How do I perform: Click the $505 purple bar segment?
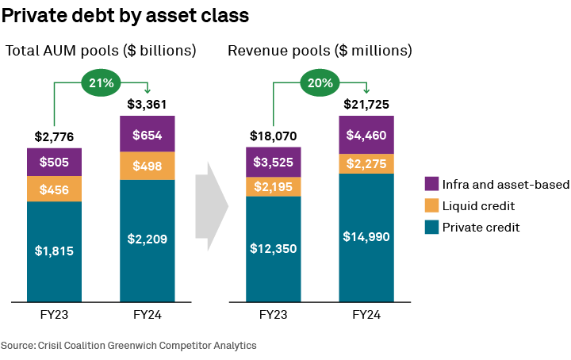(54, 162)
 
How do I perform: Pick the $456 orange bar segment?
(54, 189)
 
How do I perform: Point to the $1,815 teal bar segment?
(54, 251)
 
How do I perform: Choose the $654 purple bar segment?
(147, 134)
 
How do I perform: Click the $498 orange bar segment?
(147, 166)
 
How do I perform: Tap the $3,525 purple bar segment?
(272, 163)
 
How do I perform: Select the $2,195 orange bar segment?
(272, 187)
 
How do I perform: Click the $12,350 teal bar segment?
(272, 249)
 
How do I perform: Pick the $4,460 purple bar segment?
(366, 134)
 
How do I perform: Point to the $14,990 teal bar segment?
(366, 237)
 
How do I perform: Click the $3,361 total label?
(147, 104)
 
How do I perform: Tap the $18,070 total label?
(272, 136)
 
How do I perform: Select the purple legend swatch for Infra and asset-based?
(431, 185)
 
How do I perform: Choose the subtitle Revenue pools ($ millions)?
(320, 51)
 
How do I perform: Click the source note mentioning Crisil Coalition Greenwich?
(128, 346)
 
